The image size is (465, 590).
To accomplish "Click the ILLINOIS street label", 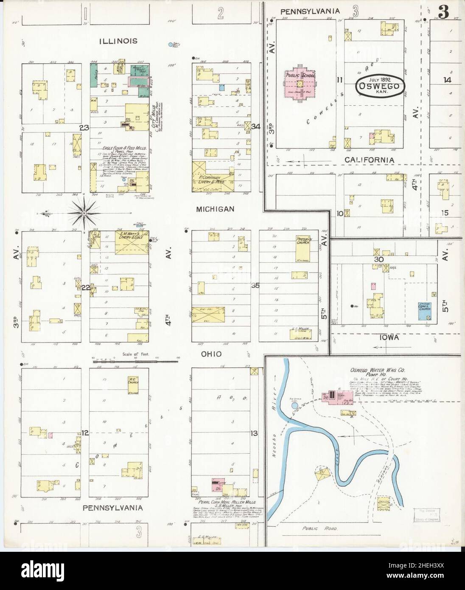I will coord(118,41).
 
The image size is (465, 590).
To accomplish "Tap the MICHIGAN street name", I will coord(215,209).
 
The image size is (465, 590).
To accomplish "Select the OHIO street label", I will coord(212,354).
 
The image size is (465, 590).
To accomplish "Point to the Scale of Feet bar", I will coord(135,361).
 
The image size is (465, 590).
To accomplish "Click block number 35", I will coord(255,286).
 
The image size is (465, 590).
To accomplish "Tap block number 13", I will coord(254,433).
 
